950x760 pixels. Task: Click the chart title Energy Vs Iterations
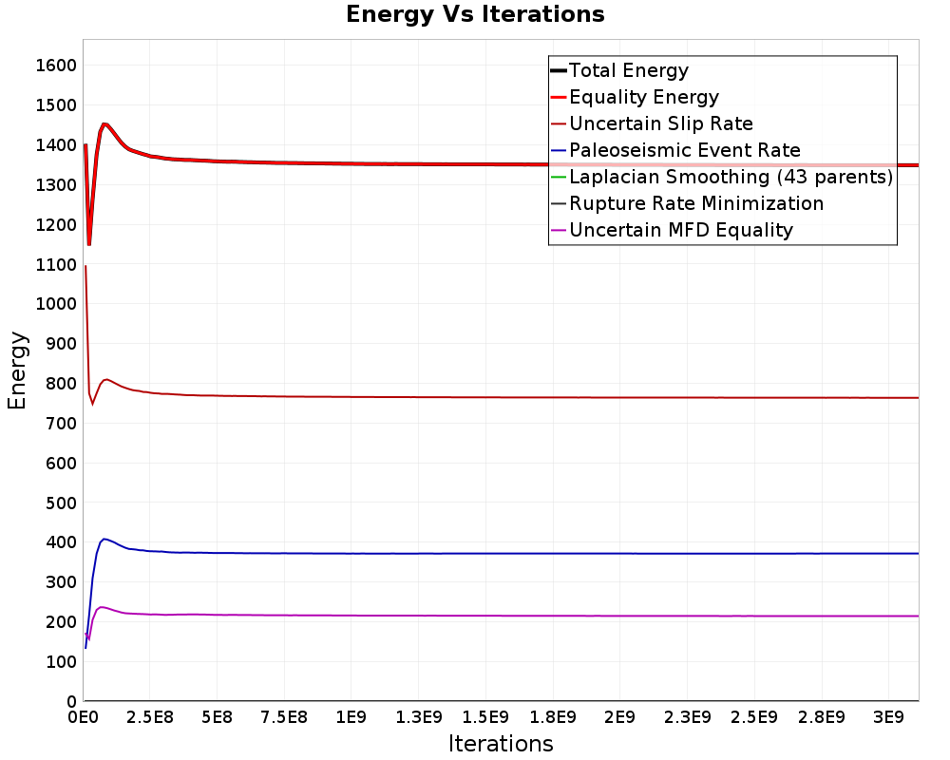click(475, 14)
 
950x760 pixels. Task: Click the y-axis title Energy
click(17, 370)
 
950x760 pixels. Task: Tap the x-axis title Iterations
click(501, 743)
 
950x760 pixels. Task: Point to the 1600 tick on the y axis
click(56, 66)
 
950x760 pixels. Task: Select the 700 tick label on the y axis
click(61, 423)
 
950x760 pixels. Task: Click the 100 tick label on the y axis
click(61, 662)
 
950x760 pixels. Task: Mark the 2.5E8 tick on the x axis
click(150, 717)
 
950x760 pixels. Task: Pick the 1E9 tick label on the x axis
click(351, 717)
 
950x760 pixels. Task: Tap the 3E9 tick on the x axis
click(888, 717)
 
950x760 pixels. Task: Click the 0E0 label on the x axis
click(83, 717)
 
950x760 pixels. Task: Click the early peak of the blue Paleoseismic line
click(104, 539)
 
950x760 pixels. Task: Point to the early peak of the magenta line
click(101, 607)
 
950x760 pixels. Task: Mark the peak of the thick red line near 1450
click(104, 124)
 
